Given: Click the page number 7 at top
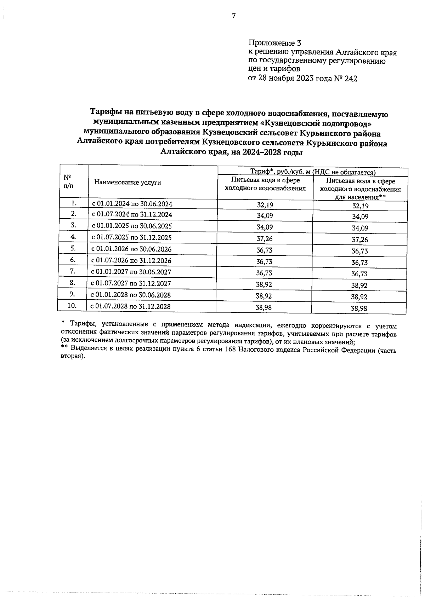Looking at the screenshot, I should (233, 16).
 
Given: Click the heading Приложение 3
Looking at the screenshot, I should (274, 44).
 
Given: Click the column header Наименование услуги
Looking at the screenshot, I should (127, 183).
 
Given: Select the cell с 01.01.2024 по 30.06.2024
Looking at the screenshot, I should (132, 204).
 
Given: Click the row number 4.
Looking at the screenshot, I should (73, 236).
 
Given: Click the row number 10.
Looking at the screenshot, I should (72, 305).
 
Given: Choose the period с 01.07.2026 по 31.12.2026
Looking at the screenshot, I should (131, 261).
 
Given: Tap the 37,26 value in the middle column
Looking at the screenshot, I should (265, 239).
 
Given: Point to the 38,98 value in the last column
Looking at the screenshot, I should (359, 308).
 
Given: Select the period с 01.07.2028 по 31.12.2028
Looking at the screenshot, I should (130, 306).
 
